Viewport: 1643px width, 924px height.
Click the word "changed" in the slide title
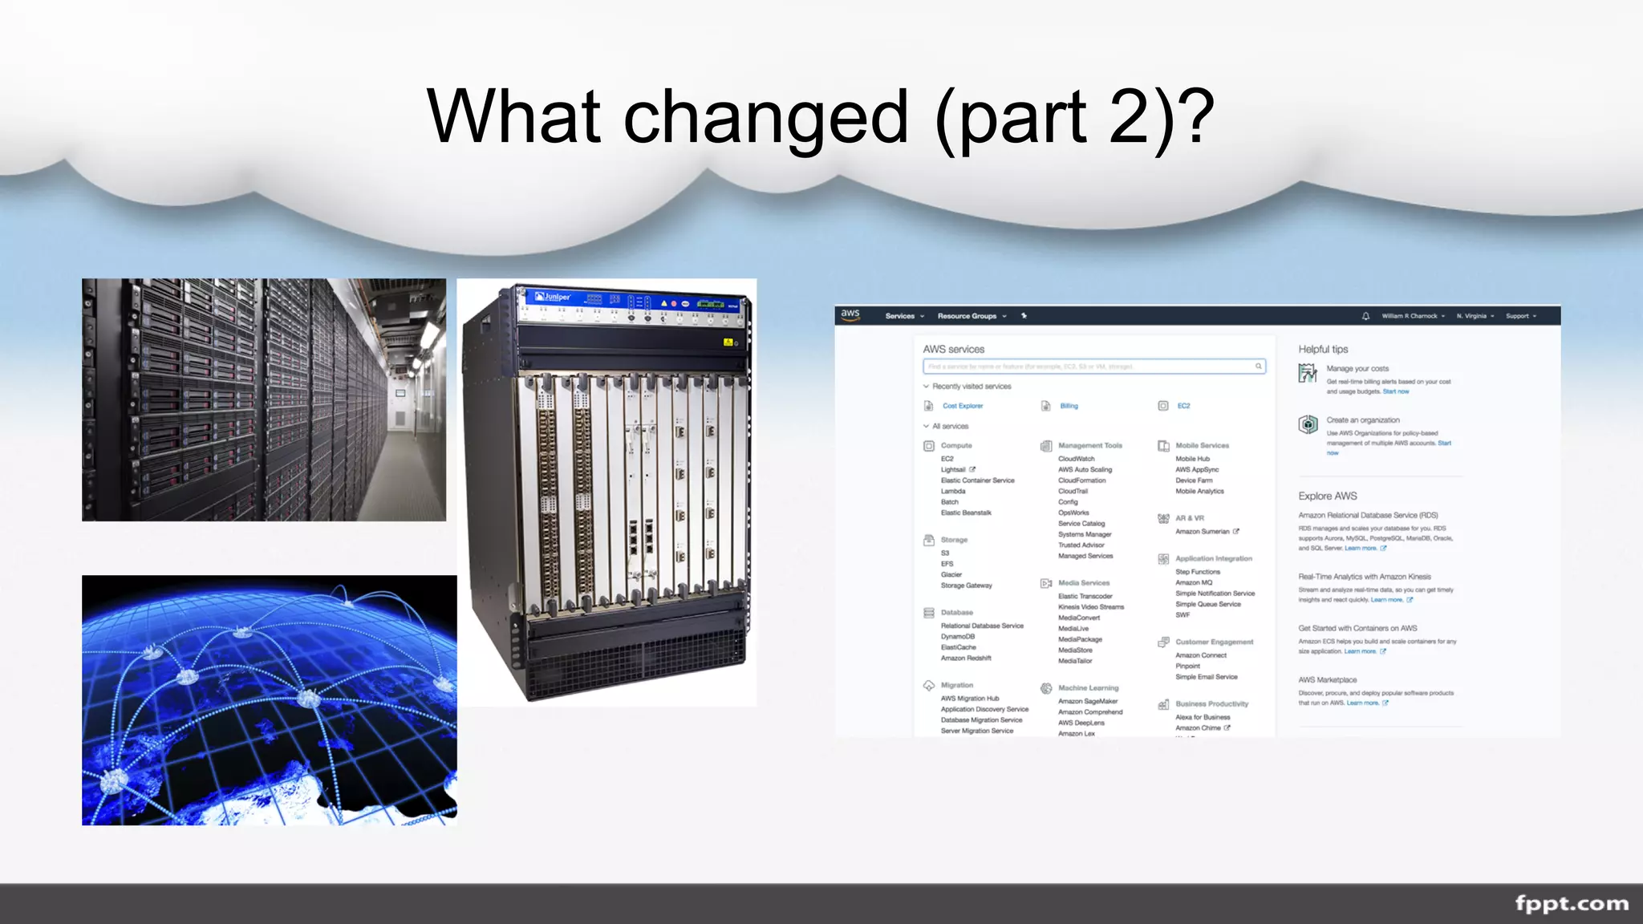(x=766, y=119)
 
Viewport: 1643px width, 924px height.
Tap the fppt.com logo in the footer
(x=1572, y=903)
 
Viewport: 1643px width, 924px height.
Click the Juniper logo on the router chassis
(x=553, y=297)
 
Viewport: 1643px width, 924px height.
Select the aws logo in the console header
(x=850, y=314)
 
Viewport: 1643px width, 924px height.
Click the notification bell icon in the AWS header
(x=1365, y=316)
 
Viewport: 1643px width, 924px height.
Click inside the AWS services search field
(x=1091, y=367)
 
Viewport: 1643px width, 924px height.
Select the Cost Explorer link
(x=963, y=406)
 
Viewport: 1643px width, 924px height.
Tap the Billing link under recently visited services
(x=1069, y=406)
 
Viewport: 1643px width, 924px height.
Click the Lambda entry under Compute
(x=953, y=491)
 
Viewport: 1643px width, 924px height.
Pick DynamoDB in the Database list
(x=958, y=636)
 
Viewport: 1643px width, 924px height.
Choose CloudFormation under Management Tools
(x=1081, y=480)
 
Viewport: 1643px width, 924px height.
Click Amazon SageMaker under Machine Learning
(x=1088, y=701)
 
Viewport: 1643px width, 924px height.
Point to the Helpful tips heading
(x=1323, y=350)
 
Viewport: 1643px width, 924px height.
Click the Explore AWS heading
(x=1328, y=496)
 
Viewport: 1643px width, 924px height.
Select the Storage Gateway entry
(x=966, y=586)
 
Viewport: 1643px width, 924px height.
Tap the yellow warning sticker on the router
(x=728, y=342)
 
